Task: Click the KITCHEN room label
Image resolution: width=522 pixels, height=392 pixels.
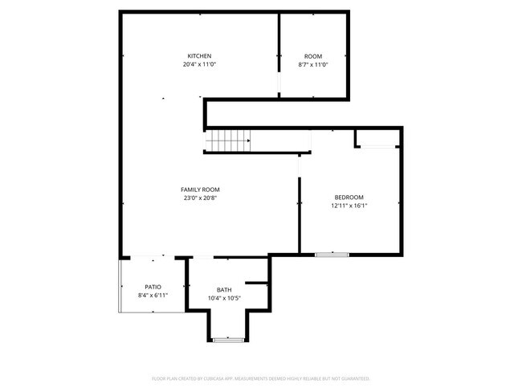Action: (x=199, y=55)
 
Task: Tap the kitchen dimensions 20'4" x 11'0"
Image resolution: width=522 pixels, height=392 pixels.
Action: (x=199, y=63)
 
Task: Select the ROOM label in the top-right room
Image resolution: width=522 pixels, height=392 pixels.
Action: (x=313, y=55)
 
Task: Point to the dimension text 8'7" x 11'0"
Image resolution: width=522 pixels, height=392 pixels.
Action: (x=313, y=63)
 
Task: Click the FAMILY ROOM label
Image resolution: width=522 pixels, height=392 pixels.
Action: (x=200, y=190)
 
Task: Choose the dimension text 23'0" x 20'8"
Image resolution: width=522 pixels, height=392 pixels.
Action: (x=200, y=198)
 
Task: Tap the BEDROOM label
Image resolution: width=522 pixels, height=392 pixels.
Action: (x=349, y=197)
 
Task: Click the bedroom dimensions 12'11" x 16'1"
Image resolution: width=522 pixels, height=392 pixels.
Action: (x=349, y=205)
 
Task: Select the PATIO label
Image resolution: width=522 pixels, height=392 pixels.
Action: (x=153, y=287)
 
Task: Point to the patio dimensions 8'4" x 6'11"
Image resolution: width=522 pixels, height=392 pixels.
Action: (x=153, y=295)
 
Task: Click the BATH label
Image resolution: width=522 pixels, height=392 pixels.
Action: (x=224, y=290)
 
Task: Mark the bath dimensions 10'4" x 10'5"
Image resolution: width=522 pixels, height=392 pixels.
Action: (x=224, y=298)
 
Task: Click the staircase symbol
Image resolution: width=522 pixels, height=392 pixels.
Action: (x=228, y=141)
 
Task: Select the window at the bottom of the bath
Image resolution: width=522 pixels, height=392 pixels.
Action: (x=228, y=341)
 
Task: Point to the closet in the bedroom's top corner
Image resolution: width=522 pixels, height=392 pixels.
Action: (x=377, y=137)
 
